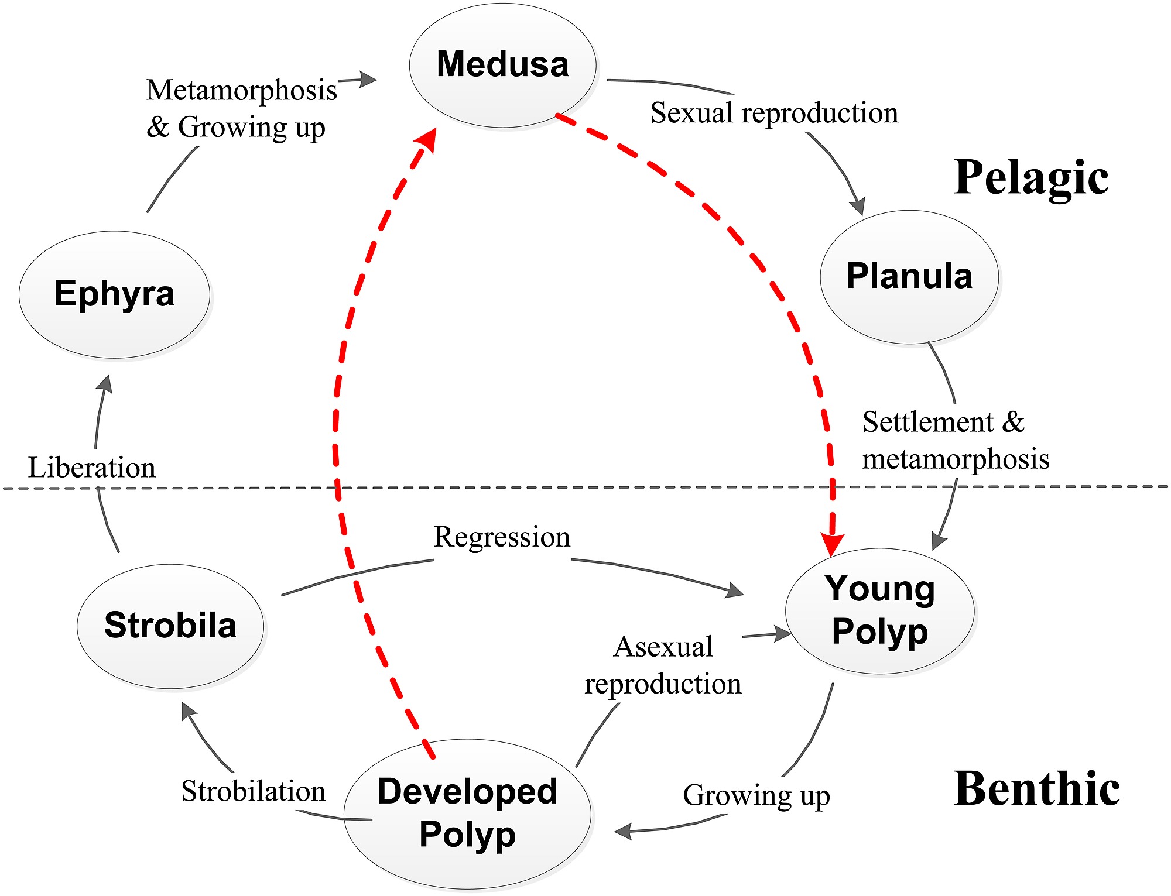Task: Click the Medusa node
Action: pos(502,64)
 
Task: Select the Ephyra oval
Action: pos(114,294)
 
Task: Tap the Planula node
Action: pos(909,276)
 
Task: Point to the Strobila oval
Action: pos(170,625)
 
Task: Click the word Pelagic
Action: pos(1030,177)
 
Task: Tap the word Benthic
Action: pos(1036,789)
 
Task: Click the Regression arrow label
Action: pos(502,537)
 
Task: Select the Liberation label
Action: pos(92,468)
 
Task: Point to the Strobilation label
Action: pos(253,791)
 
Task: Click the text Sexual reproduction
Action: pos(774,113)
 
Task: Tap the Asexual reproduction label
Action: pos(663,665)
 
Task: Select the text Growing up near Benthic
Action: pos(756,796)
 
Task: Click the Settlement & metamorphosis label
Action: pos(956,440)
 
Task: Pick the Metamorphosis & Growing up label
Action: pos(241,109)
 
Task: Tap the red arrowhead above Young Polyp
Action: pos(831,544)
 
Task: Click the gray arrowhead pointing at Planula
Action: pos(857,206)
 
